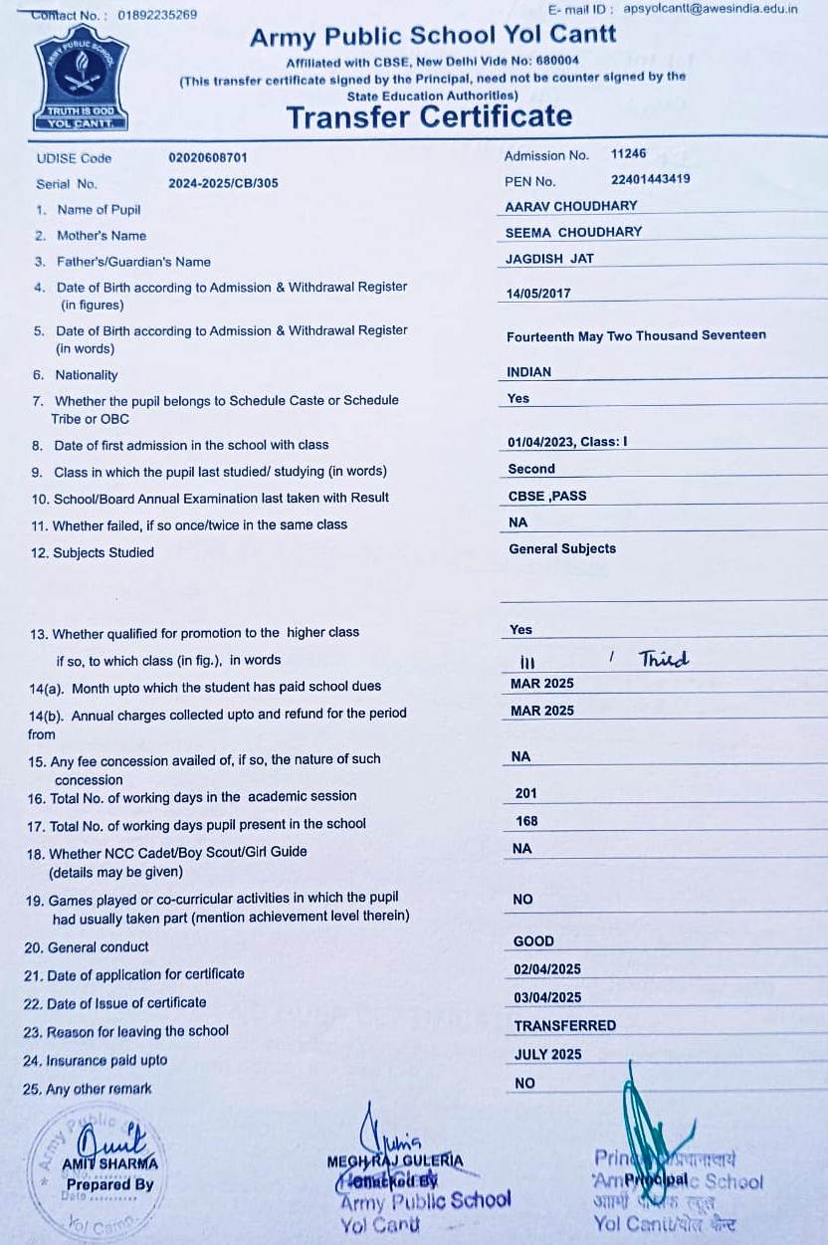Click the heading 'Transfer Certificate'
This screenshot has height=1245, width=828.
(x=429, y=116)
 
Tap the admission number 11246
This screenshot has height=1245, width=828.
(x=628, y=154)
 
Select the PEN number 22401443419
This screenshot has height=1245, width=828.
(x=651, y=180)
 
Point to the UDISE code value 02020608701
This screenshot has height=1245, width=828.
(x=208, y=157)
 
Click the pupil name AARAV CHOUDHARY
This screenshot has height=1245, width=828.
(x=571, y=206)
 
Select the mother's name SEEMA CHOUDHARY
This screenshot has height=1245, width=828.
(x=573, y=232)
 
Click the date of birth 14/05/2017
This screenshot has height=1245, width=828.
(x=538, y=294)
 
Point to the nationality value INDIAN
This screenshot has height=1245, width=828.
(x=528, y=372)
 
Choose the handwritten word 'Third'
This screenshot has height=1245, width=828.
(x=664, y=659)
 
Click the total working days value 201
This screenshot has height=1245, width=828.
(x=526, y=793)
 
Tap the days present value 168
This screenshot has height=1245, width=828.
(x=526, y=821)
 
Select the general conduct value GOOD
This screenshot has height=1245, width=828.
(x=533, y=941)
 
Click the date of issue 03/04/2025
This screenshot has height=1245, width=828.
(x=547, y=997)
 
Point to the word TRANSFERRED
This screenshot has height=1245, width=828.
(x=564, y=1025)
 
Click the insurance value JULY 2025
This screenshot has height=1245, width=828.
(x=547, y=1054)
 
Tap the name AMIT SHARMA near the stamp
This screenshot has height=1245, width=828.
(x=109, y=1164)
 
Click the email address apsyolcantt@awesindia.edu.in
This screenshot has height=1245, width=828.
(x=711, y=9)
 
